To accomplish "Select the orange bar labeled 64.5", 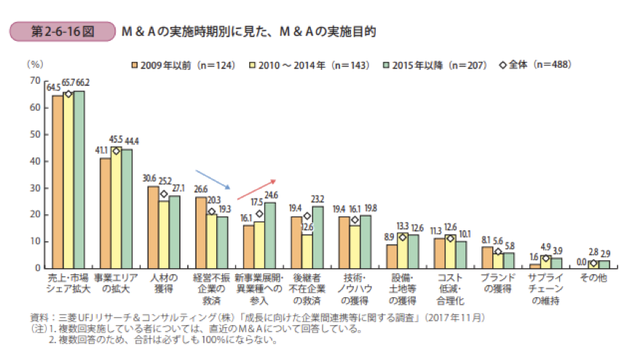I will coord(57,181).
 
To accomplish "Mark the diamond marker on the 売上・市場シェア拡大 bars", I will coord(68,94).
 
